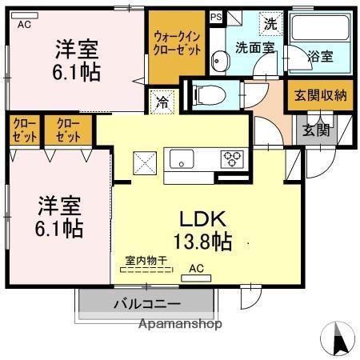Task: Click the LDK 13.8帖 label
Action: tap(199, 229)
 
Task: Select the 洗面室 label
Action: tap(254, 48)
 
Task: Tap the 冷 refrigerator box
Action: tap(162, 102)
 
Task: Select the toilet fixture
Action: tap(209, 94)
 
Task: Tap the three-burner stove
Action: tap(232, 158)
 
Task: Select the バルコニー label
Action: tap(146, 304)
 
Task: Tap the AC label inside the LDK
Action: tap(196, 270)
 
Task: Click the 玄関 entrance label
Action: tap(315, 130)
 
